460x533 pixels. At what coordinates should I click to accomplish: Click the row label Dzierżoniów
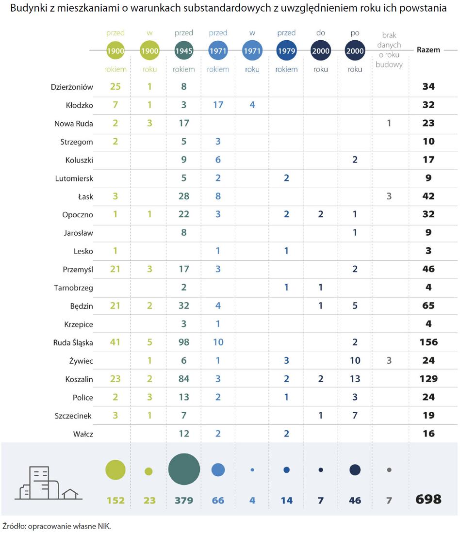tap(72, 87)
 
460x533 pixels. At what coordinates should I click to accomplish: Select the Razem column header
tap(428, 50)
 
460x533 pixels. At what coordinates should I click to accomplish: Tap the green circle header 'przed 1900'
tap(115, 50)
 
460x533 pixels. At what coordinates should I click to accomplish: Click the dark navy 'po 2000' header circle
tap(355, 50)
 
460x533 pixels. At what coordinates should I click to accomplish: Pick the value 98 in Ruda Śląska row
tap(184, 342)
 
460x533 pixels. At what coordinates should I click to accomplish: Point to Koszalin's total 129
tap(428, 379)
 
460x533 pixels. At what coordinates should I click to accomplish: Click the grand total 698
tap(428, 500)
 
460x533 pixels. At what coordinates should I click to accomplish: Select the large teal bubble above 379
tap(184, 469)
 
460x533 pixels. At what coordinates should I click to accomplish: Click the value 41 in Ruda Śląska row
tap(115, 342)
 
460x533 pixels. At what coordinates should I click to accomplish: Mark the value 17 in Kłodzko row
tap(218, 105)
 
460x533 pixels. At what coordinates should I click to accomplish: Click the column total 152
tap(115, 500)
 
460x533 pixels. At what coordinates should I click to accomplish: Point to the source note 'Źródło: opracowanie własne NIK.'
tap(57, 525)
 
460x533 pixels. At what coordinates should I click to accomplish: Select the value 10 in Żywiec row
tap(355, 360)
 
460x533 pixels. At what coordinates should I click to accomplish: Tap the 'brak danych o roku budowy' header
tap(389, 50)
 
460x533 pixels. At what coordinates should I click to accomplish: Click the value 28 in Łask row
tap(184, 196)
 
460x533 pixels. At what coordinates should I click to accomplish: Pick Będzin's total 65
tap(428, 306)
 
